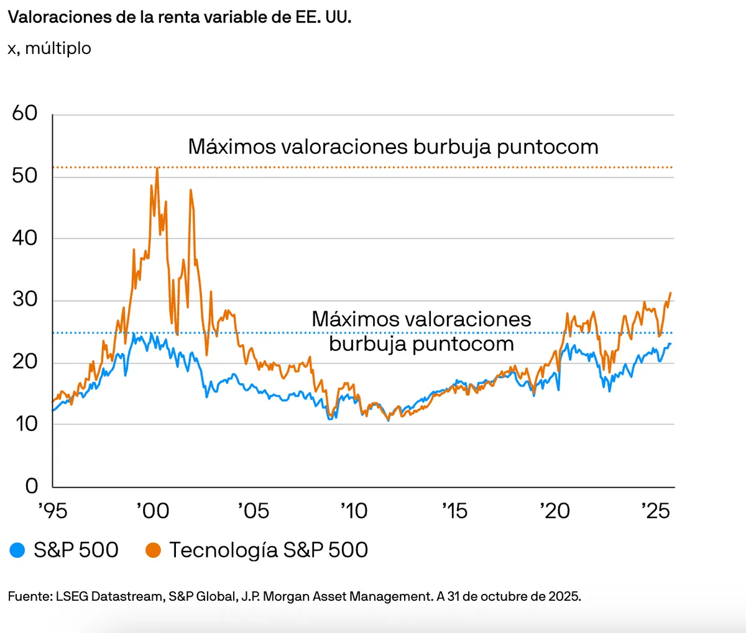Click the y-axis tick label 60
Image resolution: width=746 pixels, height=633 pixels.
25,113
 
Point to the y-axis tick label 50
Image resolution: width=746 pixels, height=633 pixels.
25,176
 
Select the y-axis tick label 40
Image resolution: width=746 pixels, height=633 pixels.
25,238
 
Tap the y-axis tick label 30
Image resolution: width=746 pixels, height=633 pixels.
25,299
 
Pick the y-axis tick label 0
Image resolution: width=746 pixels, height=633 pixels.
32,486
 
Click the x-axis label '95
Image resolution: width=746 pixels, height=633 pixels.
52,511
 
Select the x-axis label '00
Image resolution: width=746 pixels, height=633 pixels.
153,511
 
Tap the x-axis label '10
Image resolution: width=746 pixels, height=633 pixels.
354,511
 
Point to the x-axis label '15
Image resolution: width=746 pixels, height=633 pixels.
454,511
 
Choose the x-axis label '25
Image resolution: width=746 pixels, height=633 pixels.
656,511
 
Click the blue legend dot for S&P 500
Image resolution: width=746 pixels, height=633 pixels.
17,550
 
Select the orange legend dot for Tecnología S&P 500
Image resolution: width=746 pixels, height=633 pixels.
153,550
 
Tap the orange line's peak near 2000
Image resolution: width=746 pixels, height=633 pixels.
157,168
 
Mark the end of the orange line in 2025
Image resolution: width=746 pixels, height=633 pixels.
670,293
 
